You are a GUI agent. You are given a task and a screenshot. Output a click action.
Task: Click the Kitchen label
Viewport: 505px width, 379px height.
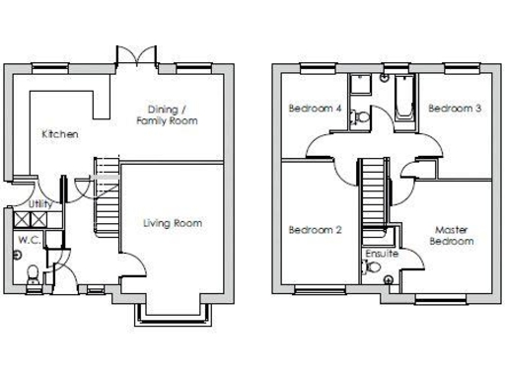coord(60,134)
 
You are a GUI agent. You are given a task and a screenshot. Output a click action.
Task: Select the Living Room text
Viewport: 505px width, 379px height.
coord(172,223)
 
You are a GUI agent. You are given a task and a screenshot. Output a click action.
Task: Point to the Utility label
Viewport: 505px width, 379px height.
coord(40,203)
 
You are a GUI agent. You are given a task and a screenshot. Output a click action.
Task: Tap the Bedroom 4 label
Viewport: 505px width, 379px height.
coord(315,109)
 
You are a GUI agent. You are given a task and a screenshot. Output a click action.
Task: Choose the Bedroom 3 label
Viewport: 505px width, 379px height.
coord(455,109)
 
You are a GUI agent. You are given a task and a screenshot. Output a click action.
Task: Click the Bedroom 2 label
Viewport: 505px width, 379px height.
coord(315,230)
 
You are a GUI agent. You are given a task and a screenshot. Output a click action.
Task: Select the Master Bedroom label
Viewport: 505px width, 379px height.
coord(453,236)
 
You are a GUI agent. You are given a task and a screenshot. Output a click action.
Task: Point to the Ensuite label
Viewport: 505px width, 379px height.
coord(381,254)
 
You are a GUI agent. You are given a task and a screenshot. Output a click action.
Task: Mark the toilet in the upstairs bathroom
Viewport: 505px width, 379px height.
coord(362,116)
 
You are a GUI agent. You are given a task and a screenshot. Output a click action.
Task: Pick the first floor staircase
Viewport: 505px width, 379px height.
coord(372,193)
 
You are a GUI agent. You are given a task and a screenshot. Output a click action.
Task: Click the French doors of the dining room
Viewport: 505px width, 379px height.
coord(134,56)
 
